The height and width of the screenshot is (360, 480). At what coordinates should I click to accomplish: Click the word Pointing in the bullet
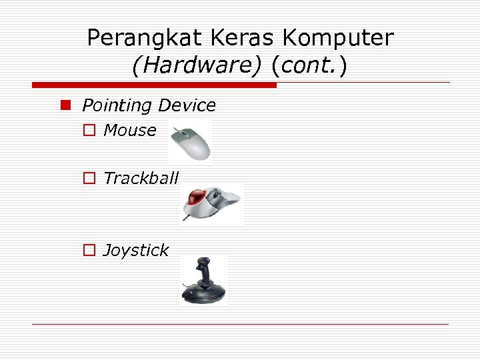[117, 105]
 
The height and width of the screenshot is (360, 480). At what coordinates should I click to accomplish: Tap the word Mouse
[130, 130]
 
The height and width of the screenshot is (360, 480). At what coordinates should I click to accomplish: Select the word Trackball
[141, 178]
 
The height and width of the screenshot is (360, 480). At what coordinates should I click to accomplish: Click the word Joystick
[137, 250]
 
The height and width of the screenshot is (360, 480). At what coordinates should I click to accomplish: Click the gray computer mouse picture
[191, 142]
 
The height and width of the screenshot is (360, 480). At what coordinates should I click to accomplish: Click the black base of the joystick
[203, 294]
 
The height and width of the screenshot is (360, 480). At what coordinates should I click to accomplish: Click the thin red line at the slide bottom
[240, 324]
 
